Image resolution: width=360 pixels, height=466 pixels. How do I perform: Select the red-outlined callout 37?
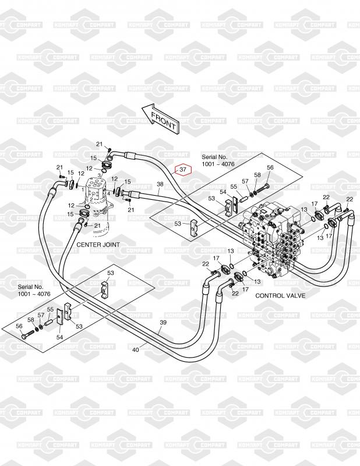pos(183,170)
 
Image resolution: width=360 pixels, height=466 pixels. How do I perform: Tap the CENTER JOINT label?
pos(98,245)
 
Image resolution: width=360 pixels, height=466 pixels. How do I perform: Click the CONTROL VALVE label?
pos(280,295)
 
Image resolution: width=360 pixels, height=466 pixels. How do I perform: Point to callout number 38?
pos(160,185)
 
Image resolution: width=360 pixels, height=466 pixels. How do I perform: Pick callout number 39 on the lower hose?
pos(163,323)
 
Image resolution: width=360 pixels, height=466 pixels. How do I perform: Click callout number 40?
pos(136,349)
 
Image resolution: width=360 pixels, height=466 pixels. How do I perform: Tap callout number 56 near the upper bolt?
pos(270,168)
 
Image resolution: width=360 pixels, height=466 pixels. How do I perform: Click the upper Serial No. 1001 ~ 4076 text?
pos(218,161)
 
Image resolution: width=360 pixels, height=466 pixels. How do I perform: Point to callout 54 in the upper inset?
pos(223,192)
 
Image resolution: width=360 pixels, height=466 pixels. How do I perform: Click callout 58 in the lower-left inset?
pos(31,320)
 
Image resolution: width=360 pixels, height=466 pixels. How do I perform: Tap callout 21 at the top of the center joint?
pos(99,144)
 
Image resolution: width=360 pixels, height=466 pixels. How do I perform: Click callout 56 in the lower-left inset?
pos(19,326)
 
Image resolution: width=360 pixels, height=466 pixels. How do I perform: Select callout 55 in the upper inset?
pos(234,186)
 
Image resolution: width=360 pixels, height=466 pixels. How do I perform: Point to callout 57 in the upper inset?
pos(245,181)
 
